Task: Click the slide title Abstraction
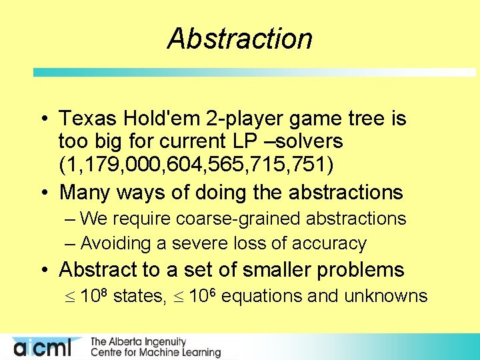(x=239, y=39)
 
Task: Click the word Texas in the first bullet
(x=87, y=119)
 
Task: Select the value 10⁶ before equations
(x=202, y=295)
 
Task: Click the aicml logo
(x=47, y=347)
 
